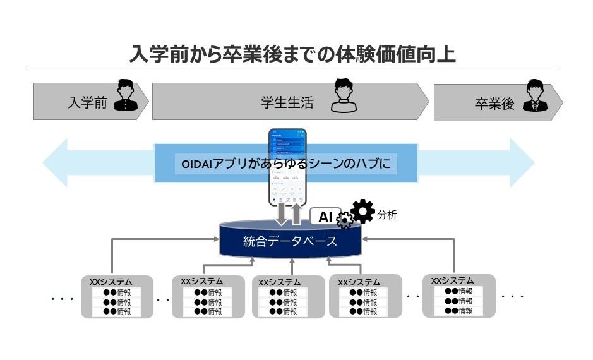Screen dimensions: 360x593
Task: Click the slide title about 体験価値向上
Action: (292, 53)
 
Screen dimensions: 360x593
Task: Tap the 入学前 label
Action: (87, 103)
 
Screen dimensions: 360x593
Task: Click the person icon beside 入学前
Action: (126, 95)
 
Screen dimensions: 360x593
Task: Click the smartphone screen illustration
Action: (287, 167)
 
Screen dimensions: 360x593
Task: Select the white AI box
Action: (325, 217)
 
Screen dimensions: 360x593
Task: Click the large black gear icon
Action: (362, 212)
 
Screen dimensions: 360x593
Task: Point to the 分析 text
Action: (387, 215)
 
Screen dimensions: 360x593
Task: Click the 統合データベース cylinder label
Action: (290, 241)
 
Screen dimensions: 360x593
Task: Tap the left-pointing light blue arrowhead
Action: (57, 163)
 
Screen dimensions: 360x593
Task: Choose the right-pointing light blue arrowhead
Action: (521, 163)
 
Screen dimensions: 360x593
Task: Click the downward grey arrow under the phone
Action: (281, 215)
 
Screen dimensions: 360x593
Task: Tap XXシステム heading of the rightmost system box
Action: (452, 280)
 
